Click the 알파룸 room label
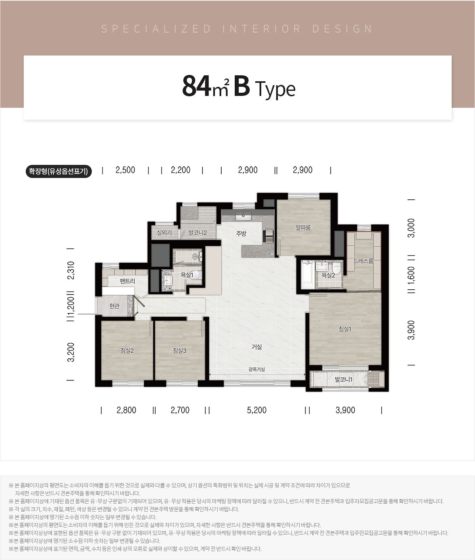303,227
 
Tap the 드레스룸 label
363,261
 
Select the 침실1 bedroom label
345,329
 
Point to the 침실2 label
127,351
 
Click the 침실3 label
180,351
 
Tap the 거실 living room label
256,347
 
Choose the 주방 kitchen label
241,233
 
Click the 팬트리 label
127,281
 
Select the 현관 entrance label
114,306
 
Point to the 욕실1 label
187,275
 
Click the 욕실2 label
328,275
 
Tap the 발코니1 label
344,380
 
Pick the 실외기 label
164,233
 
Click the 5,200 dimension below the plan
256,410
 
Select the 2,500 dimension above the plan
125,170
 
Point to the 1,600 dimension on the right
411,275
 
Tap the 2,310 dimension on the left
70,270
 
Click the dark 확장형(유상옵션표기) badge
59,171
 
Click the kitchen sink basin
243,216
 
